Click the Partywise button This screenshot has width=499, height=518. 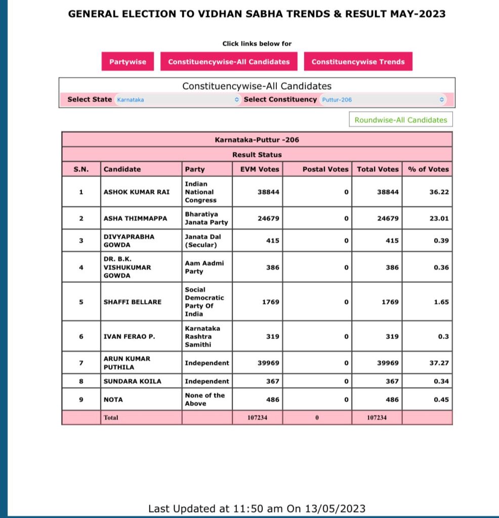128,62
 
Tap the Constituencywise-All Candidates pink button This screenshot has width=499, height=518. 229,62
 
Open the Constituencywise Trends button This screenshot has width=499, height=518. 358,62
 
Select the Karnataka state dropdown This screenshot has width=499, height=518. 177,100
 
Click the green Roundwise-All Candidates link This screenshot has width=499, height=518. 400,120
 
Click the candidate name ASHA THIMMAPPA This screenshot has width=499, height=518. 135,219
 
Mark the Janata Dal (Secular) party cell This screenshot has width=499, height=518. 203,240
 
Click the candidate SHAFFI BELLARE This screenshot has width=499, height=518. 132,302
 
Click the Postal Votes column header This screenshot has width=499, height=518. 325,169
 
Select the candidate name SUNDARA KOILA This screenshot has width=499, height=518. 132,381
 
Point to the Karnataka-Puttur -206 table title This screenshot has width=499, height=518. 257,140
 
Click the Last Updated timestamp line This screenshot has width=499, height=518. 257,508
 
